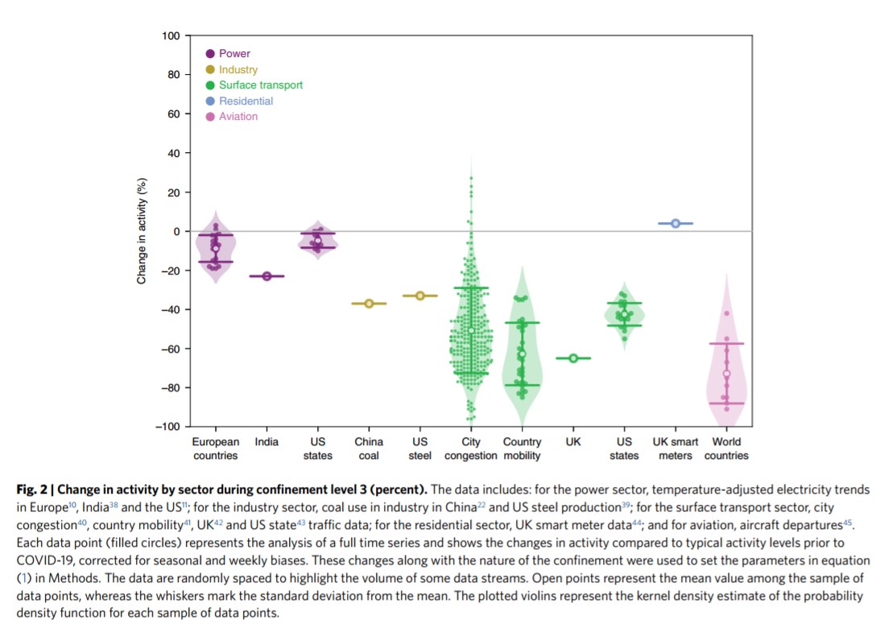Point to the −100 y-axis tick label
pyautogui.click(x=167, y=427)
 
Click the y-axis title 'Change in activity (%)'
pyautogui.click(x=142, y=230)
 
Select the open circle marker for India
pyautogui.click(x=267, y=276)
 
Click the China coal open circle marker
pyautogui.click(x=369, y=304)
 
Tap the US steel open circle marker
pyautogui.click(x=420, y=295)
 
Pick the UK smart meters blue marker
pyautogui.click(x=676, y=223)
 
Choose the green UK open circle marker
pyautogui.click(x=573, y=358)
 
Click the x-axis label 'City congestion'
pyautogui.click(x=471, y=448)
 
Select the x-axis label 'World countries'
pyautogui.click(x=726, y=448)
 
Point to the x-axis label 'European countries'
pyautogui.click(x=215, y=448)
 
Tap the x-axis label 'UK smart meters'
pyautogui.click(x=676, y=448)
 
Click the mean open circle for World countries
pyautogui.click(x=726, y=374)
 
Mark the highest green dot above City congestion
pyautogui.click(x=471, y=178)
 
